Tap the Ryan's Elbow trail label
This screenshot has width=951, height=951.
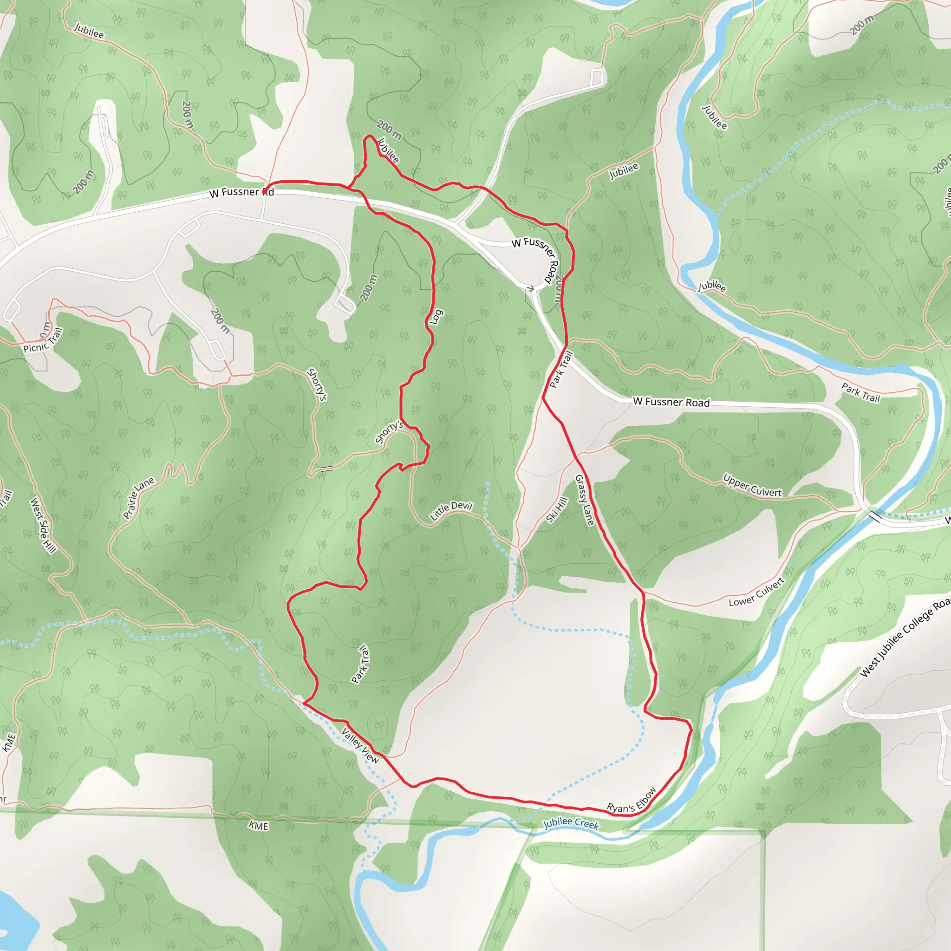[x=632, y=801]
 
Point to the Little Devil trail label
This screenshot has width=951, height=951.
[x=451, y=511]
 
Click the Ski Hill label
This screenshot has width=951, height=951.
[x=557, y=509]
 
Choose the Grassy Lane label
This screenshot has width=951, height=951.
[x=585, y=500]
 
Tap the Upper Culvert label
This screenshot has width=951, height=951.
[x=752, y=485]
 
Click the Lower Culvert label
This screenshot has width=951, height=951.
[x=756, y=592]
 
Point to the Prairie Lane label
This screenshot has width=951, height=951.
[x=138, y=498]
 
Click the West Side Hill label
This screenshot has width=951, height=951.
[x=43, y=526]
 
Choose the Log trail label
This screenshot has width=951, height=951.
[x=436, y=317]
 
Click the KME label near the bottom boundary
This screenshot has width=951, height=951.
[x=259, y=826]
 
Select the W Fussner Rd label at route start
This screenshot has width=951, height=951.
[x=241, y=192]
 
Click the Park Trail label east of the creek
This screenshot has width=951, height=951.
[x=860, y=392]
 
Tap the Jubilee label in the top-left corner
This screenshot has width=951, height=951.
[x=89, y=31]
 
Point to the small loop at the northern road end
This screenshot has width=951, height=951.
[x=597, y=77]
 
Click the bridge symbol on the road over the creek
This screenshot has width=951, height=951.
[x=876, y=517]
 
